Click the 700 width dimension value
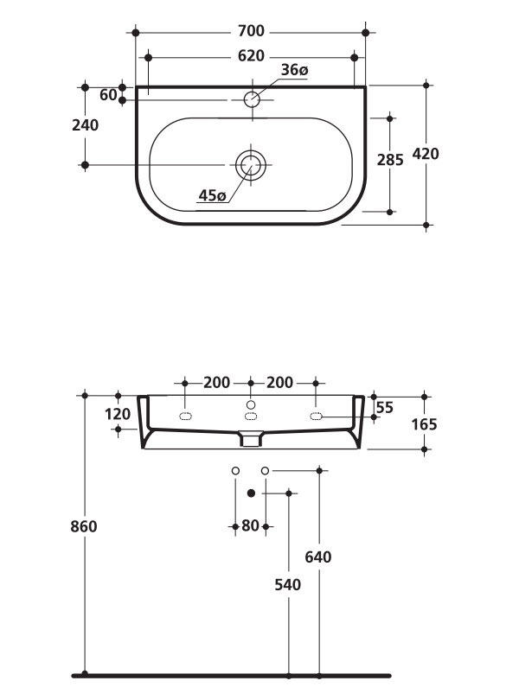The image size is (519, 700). pyautogui.click(x=250, y=32)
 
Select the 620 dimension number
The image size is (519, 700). pyautogui.click(x=250, y=56)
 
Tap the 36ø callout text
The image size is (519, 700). pyautogui.click(x=294, y=70)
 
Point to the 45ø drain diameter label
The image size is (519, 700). pyautogui.click(x=212, y=196)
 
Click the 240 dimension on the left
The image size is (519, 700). pyautogui.click(x=86, y=125)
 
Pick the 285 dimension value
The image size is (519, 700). pyautogui.click(x=390, y=160)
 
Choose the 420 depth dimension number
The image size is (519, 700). pyautogui.click(x=426, y=155)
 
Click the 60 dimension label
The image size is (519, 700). pyautogui.click(x=108, y=95)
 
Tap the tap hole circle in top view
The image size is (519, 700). pyautogui.click(x=252, y=99)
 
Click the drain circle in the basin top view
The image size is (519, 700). pyautogui.click(x=251, y=163)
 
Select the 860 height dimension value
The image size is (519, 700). pyautogui.click(x=85, y=526)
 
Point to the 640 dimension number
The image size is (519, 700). pyautogui.click(x=318, y=557)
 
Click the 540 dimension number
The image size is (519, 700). pyautogui.click(x=287, y=585)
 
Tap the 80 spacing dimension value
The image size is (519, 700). pyautogui.click(x=250, y=525)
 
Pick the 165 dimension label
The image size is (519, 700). pyautogui.click(x=425, y=424)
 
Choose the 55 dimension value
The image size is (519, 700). pyautogui.click(x=385, y=407)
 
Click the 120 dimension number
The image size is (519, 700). pyautogui.click(x=118, y=414)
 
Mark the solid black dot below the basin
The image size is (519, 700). pyautogui.click(x=251, y=493)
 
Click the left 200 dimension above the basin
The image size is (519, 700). pyautogui.click(x=217, y=382)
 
